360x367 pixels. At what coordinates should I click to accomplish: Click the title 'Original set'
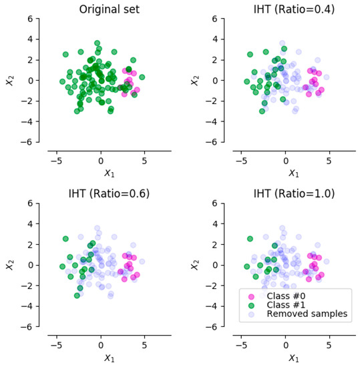point(105,9)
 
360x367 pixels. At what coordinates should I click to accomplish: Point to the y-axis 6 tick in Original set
point(30,18)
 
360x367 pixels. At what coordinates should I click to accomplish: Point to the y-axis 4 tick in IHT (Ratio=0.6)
point(30,224)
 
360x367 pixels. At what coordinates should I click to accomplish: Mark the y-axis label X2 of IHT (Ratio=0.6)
point(11,264)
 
